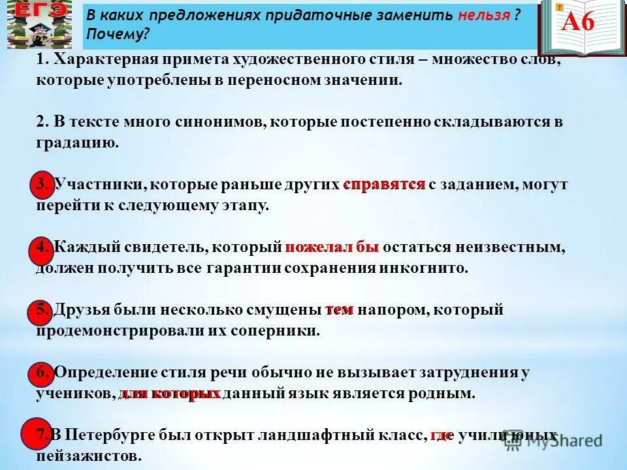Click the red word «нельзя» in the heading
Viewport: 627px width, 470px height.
(x=483, y=16)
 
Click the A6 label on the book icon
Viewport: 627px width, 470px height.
(x=578, y=22)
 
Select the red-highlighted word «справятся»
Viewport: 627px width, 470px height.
(x=384, y=185)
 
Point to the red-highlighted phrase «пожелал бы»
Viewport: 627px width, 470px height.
(x=332, y=247)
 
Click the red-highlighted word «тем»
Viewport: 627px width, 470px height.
(x=339, y=310)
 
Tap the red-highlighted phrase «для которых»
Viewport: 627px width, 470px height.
(x=170, y=394)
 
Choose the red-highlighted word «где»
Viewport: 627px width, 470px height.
(x=441, y=435)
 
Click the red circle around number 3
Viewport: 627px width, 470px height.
(x=42, y=186)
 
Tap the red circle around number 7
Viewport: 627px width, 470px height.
(x=39, y=435)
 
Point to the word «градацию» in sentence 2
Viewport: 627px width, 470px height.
(x=77, y=143)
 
